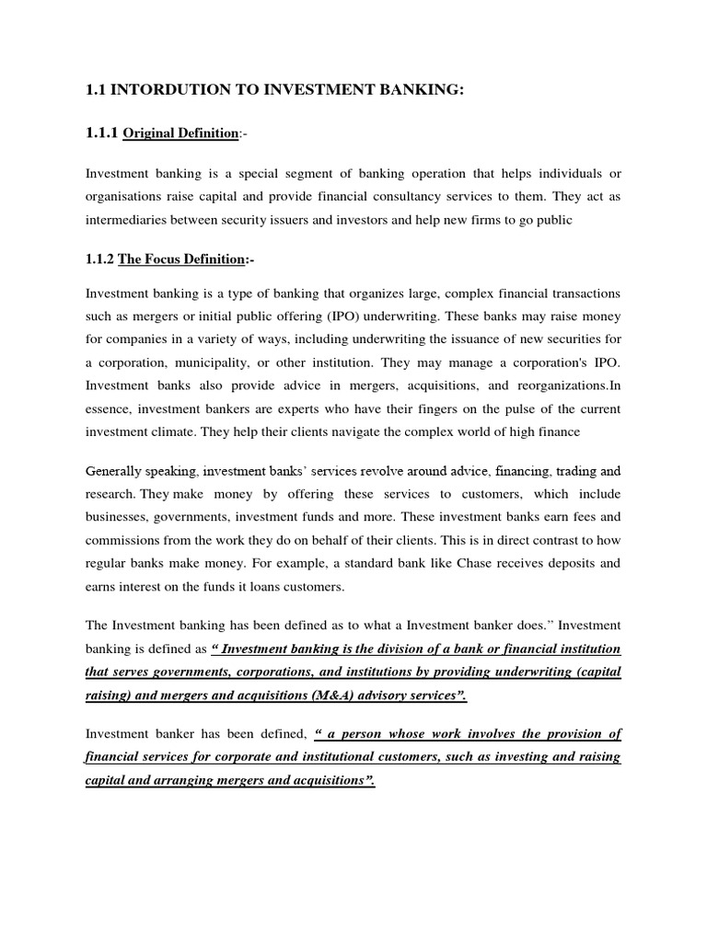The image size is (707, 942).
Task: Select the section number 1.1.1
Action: [101, 133]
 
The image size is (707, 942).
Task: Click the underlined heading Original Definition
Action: [180, 134]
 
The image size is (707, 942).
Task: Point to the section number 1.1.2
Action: [99, 260]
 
